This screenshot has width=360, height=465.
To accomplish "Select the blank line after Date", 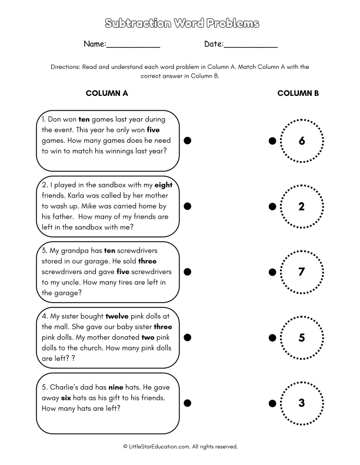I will coord(251,45).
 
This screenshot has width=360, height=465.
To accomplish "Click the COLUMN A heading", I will coord(107,93).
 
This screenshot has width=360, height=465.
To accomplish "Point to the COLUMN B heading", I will coord(298,93).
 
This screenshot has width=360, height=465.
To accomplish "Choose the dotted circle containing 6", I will coord(302,141).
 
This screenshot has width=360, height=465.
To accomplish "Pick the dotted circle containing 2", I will coord(302,206).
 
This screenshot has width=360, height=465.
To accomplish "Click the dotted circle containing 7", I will coord(302,272).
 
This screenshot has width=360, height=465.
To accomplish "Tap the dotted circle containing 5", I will coord(302,337).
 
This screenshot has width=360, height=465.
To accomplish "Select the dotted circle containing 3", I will coord(302,403).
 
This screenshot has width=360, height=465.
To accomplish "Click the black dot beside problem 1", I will coord(188,141).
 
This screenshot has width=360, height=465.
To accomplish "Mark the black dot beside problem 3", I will coord(188,272).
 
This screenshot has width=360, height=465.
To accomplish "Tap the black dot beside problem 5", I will coord(188,403).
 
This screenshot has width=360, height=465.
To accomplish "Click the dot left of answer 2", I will coord(272,206).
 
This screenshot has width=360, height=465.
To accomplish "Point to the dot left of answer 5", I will coord(272,337).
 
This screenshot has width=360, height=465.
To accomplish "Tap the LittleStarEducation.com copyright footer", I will coord(181,447).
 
